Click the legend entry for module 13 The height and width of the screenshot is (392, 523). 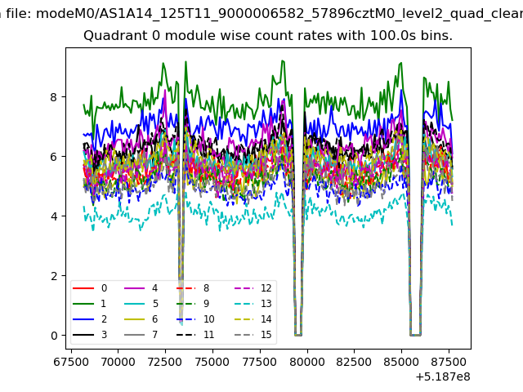pyautogui.click(x=253, y=304)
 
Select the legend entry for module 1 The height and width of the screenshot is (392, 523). pyautogui.click(x=89, y=304)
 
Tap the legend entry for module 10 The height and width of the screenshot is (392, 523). pyautogui.click(x=195, y=319)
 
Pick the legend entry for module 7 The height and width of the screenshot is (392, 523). pyautogui.click(x=141, y=334)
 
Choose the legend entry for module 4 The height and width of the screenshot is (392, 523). pyautogui.click(x=141, y=288)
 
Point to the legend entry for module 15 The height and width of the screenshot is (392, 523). pyautogui.click(x=253, y=334)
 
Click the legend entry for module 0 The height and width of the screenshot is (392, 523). pyautogui.click(x=89, y=288)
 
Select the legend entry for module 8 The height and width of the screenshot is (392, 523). pyautogui.click(x=193, y=288)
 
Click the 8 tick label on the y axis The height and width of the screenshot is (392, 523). pyautogui.click(x=54, y=97)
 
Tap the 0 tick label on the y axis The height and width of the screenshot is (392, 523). pyautogui.click(x=54, y=336)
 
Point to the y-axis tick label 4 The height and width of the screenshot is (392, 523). pyautogui.click(x=54, y=216)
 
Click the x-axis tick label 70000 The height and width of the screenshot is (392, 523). pyautogui.click(x=118, y=362)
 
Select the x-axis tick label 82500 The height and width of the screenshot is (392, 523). pyautogui.click(x=354, y=362)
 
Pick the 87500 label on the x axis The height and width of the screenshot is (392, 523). pyautogui.click(x=449, y=362)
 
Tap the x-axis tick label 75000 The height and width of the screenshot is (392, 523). pyautogui.click(x=212, y=362)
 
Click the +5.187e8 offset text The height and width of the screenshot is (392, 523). pyautogui.click(x=443, y=377)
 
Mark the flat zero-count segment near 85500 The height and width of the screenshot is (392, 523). pyautogui.click(x=416, y=335)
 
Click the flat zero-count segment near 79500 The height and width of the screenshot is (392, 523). pyautogui.click(x=298, y=335)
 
